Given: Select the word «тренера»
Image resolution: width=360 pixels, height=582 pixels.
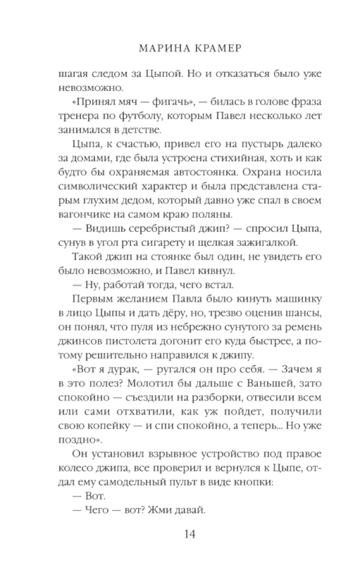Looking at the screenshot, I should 78,116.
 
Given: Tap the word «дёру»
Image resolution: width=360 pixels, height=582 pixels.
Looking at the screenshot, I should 170,314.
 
